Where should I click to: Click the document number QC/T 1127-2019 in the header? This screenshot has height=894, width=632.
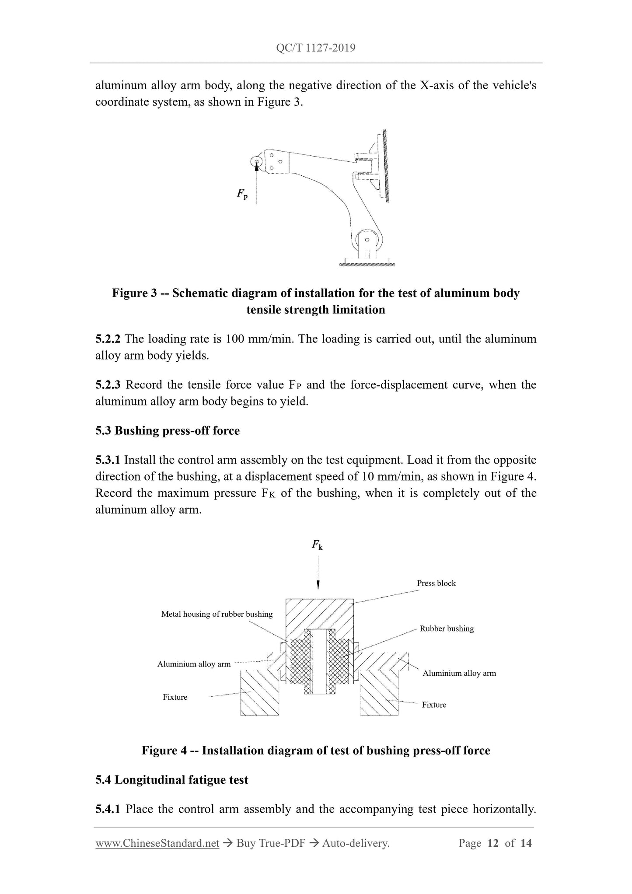pos(316,48)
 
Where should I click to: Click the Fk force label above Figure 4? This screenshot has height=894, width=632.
pos(318,545)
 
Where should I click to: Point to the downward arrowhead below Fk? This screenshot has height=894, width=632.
pos(318,585)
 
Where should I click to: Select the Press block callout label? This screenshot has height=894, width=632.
pos(436,583)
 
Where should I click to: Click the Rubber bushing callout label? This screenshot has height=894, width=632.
pos(447,629)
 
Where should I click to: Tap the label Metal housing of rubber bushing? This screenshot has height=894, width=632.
pos(216,614)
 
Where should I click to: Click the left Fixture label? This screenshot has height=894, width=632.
pos(175,697)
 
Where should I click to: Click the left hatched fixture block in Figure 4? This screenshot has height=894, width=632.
pos(259,698)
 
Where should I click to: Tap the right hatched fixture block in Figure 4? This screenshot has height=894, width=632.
pos(379,699)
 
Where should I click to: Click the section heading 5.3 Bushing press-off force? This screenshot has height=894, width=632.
pos(168,431)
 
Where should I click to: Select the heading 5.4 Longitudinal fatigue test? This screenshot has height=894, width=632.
pos(171,780)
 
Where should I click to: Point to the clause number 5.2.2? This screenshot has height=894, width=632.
pos(108,339)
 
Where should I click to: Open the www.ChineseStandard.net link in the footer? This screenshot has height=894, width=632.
pos(157,843)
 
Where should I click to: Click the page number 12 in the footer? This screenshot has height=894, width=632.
pos(493,843)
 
